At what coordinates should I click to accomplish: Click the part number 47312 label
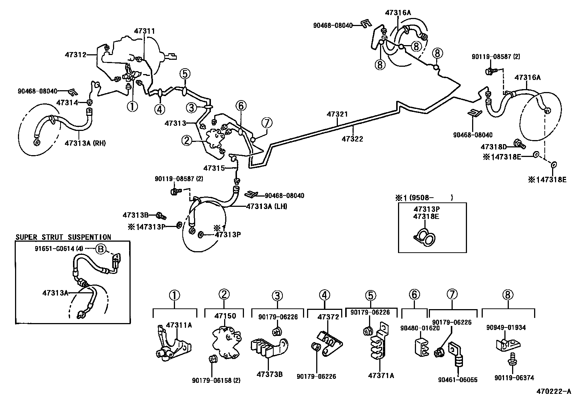point(76,55)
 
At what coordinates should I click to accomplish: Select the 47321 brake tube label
point(337,115)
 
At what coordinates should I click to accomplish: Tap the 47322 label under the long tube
point(352,139)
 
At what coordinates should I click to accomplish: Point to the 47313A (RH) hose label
point(85,143)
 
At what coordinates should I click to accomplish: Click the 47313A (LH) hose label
point(266,206)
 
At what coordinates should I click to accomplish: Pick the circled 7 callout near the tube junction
point(267,122)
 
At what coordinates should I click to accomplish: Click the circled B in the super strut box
point(100,249)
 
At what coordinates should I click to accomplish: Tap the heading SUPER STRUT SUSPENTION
point(63,238)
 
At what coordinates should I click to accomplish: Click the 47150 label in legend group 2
point(225,316)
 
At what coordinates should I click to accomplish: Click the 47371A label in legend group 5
point(382,375)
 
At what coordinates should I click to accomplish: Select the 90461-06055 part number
point(457,380)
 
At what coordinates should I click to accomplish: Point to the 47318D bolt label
point(493,147)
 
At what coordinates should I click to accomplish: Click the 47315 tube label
point(214,168)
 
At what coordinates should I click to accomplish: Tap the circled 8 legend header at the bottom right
point(508,295)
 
